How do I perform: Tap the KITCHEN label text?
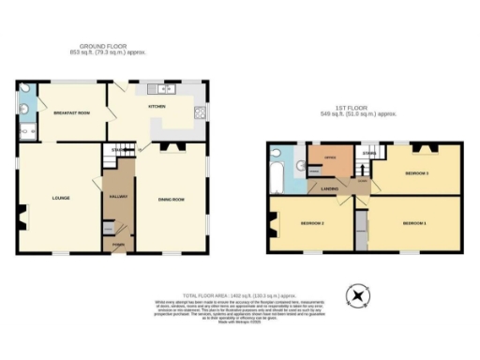pos(157,107)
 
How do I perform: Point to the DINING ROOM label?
pos(170,199)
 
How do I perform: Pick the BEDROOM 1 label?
pos(413,223)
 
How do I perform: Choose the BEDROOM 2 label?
pos(312,223)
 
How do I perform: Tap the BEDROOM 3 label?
pos(416,173)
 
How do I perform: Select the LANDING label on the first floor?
pos(329,189)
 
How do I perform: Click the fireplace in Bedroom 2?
pos(273,222)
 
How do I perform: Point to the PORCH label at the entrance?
pos(118,246)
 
